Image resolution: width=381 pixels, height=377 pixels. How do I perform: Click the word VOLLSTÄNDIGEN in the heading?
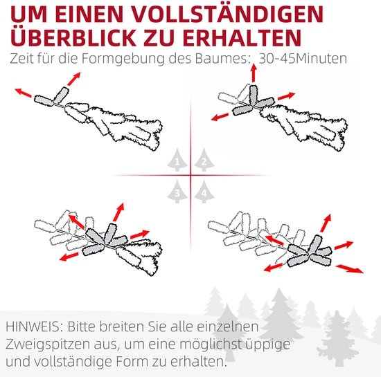[228, 14]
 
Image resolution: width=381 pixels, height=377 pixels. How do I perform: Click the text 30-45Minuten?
[303, 59]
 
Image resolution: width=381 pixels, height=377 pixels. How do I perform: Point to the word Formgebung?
[123, 59]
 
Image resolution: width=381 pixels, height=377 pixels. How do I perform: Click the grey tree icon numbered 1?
[177, 159]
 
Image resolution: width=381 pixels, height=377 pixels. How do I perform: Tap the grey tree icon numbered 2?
[204, 159]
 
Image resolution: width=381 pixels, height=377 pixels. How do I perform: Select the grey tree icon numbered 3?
[177, 192]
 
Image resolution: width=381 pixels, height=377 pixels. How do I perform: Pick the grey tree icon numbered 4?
[204, 192]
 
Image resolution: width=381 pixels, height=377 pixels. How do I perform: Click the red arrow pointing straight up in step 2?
[254, 73]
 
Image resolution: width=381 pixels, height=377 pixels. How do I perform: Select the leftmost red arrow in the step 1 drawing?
[24, 93]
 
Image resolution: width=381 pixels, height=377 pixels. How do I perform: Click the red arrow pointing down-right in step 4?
[350, 269]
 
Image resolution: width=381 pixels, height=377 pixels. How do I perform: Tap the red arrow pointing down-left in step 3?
[69, 256]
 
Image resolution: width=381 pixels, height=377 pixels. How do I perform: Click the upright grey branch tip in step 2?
[253, 95]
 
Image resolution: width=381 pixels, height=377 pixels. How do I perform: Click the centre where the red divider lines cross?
[190, 175]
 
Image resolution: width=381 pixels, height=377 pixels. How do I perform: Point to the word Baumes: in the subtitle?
[221, 59]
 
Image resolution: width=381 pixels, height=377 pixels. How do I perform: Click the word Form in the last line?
[132, 362]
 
